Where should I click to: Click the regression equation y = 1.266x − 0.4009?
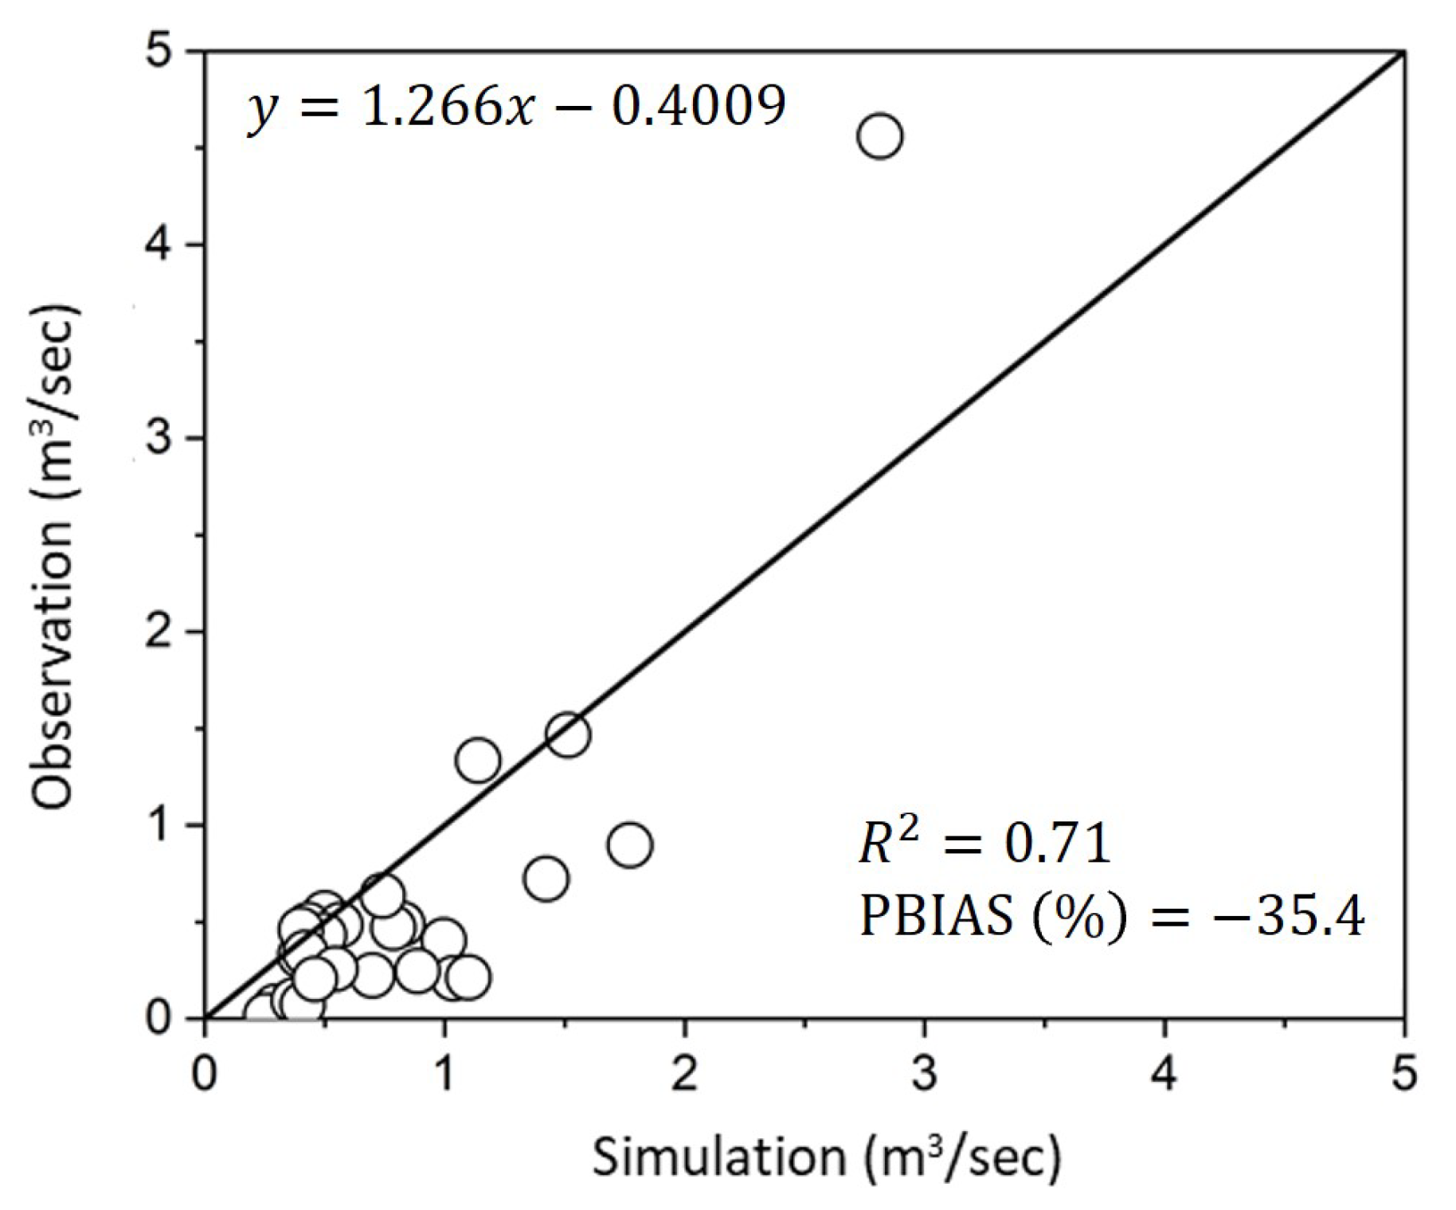point(516,108)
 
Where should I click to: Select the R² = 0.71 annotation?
point(984,844)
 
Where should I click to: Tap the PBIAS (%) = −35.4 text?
point(1112,916)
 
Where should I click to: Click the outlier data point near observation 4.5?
point(879,136)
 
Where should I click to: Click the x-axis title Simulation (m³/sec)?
point(826,1157)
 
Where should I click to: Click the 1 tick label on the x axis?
point(444,1074)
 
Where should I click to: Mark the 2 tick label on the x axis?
point(684,1074)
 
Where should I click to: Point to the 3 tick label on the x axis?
point(925,1074)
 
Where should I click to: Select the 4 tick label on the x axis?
point(1164,1074)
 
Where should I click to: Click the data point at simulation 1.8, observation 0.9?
point(630,844)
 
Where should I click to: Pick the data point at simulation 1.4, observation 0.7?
point(546,879)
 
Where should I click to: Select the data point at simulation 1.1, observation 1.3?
point(478,760)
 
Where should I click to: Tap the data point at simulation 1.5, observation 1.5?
point(568,734)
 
